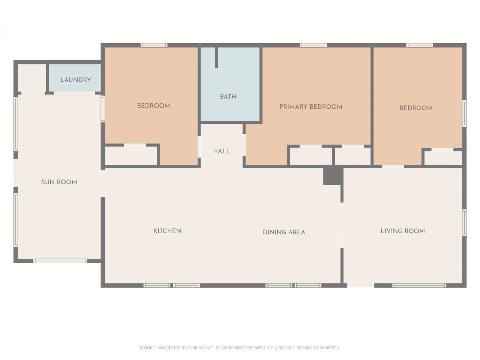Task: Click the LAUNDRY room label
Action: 75,80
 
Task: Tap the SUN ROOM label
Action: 59,182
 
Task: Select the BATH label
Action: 228,97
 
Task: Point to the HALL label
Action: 221,151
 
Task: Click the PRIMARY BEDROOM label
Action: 311,107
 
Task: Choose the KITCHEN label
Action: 167,231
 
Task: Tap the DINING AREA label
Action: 284,232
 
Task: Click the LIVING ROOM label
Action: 403,231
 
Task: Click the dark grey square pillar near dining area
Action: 332,176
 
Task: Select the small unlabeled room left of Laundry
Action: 31,78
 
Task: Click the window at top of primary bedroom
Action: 313,45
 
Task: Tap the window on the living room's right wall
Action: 464,223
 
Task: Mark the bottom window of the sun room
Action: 60,261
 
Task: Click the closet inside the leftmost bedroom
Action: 131,156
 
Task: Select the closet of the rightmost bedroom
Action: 443,158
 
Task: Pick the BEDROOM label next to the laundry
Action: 153,106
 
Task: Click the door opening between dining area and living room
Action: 342,225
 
